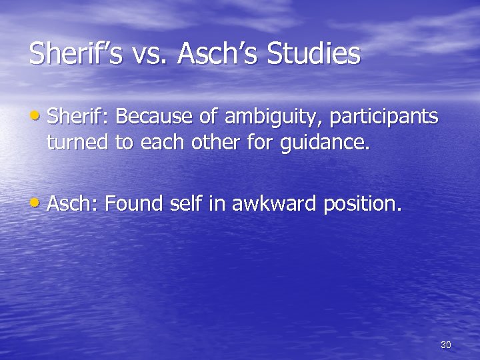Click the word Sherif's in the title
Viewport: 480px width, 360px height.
(75, 54)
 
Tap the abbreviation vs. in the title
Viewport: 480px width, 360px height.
(150, 54)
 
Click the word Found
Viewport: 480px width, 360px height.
(135, 204)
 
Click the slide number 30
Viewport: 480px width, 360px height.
(446, 345)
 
